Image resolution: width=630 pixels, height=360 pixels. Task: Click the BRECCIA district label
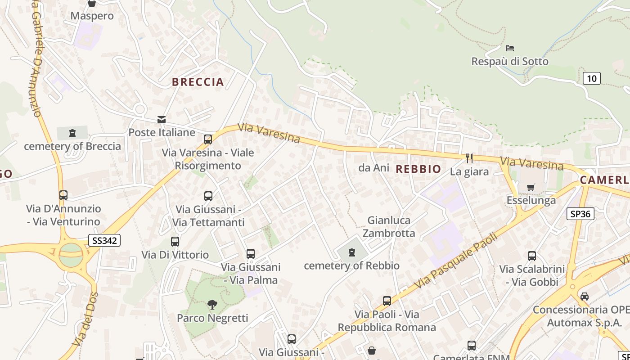pos(198,82)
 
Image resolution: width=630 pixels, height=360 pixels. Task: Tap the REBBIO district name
pos(418,169)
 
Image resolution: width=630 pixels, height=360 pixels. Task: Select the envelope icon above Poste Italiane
pos(161,120)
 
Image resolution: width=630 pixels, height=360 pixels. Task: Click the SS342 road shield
pos(104,240)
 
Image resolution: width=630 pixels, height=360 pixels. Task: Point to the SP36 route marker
pos(580,214)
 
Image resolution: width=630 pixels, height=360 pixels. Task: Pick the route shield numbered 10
pos(591,78)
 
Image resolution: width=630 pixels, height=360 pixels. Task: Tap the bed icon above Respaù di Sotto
pos(509,48)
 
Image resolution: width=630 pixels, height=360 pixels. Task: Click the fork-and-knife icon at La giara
pos(469,158)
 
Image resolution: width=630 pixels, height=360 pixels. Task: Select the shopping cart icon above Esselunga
pos(531,187)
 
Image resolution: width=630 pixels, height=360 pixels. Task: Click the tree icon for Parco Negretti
pos(212,305)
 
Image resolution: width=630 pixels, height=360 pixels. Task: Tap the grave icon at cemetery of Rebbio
pos(352,253)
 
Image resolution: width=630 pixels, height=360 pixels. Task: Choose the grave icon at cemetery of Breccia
pos(72,133)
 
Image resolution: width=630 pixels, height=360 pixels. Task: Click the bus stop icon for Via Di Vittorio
pos(175,242)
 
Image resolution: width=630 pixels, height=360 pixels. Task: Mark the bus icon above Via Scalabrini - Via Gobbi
pos(531,256)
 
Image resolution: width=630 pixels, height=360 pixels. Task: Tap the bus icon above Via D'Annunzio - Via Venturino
pos(63,195)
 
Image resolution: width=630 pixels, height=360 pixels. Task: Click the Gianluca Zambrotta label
pos(389,226)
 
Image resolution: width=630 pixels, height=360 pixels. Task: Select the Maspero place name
pos(92,16)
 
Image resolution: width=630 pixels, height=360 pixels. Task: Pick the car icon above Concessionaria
pos(584,297)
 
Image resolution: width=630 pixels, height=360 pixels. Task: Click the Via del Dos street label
pos(85,319)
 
